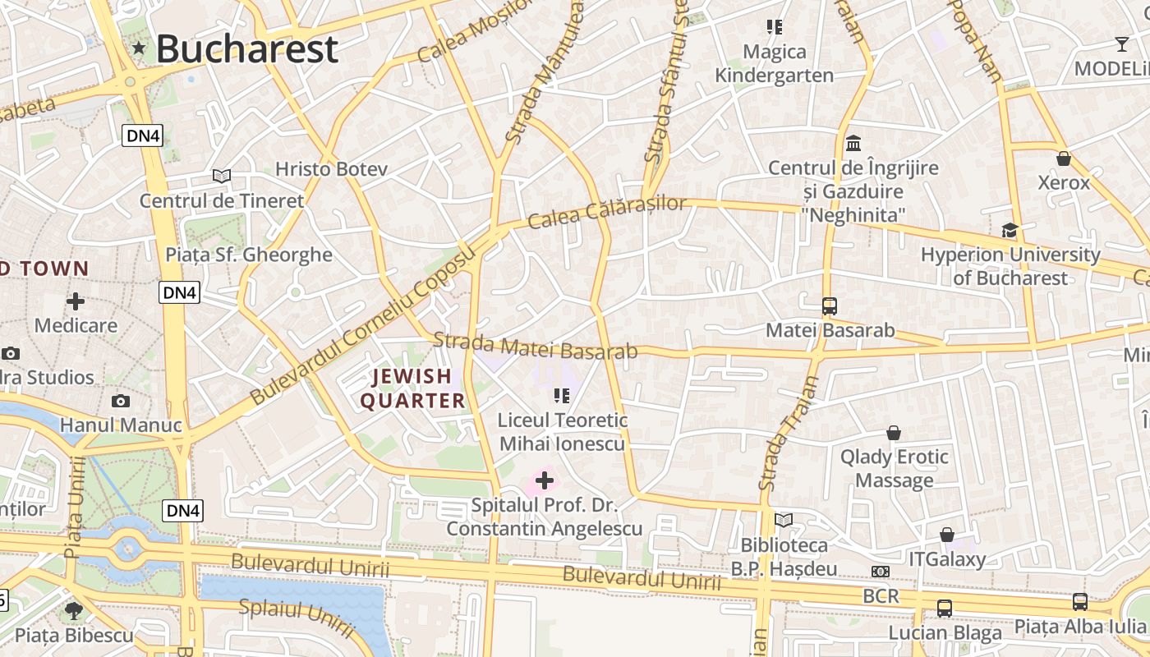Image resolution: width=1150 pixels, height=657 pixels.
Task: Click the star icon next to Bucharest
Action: point(140,49)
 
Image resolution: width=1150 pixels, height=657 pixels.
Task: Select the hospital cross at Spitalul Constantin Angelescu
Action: point(545,480)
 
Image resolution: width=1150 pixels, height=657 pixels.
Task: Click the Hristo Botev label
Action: point(331,169)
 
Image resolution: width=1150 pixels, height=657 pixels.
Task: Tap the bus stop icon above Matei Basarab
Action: point(830,306)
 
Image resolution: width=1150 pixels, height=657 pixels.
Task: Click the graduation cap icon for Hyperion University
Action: point(1010,231)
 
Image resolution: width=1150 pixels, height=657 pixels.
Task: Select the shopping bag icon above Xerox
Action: point(1064,159)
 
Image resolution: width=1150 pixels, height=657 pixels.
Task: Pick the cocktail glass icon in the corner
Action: point(1122,44)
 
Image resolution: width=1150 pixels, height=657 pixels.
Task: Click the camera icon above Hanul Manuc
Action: point(121,401)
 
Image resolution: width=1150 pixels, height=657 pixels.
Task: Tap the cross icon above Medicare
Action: point(76,301)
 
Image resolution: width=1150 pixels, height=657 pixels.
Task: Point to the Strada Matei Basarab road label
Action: point(535,346)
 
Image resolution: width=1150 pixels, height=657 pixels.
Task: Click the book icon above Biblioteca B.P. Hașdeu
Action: point(784,521)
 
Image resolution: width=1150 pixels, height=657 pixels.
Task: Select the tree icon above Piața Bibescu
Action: point(74,610)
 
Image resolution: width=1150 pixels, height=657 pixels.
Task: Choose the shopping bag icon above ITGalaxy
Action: point(947,535)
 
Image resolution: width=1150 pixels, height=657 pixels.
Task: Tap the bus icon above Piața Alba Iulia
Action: point(1080,602)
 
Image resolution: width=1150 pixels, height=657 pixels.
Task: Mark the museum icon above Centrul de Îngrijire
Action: point(853,144)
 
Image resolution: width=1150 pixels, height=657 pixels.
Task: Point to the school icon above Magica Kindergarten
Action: point(774,27)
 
